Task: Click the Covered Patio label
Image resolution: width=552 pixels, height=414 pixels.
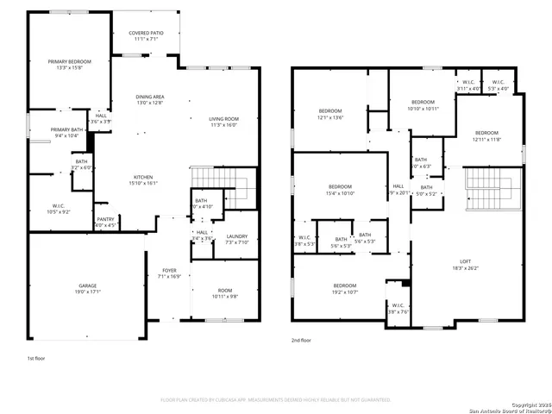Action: click(144, 35)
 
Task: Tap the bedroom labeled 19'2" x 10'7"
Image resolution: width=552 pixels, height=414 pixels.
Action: click(345, 288)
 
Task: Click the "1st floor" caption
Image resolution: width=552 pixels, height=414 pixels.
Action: click(36, 356)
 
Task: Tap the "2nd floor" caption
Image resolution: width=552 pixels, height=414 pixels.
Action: click(301, 341)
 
